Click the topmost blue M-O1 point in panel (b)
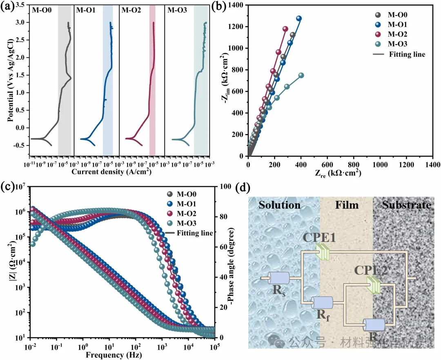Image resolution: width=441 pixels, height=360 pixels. (299, 18)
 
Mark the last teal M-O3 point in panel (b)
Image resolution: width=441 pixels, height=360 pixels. (301, 75)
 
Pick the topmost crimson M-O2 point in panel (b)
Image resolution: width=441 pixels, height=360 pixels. (285, 29)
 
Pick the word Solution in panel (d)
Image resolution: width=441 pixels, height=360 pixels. (279, 205)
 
